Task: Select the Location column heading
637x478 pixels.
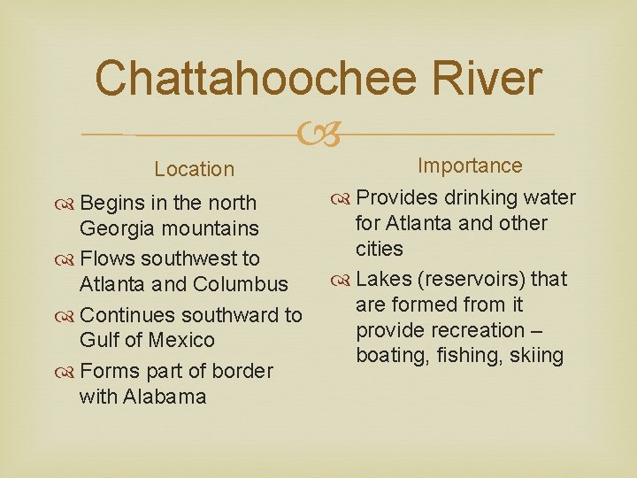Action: click(194, 169)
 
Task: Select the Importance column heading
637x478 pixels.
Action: click(470, 166)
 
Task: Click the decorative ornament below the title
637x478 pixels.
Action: click(318, 135)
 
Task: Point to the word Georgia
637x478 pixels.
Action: click(119, 228)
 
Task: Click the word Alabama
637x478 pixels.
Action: click(165, 396)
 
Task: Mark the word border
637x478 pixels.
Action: click(242, 370)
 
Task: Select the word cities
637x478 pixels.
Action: click(380, 249)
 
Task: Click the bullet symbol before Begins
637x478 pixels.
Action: click(68, 204)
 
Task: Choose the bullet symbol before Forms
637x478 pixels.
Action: click(68, 371)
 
